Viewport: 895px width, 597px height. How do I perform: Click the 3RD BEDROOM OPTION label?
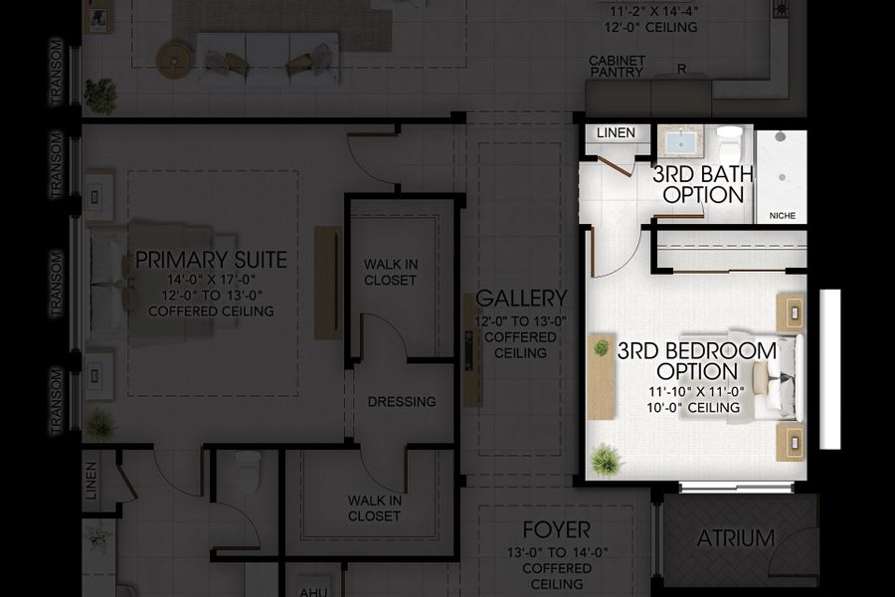[696, 361]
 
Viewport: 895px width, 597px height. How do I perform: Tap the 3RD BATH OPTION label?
[703, 184]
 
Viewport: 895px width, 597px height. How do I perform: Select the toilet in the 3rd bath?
[729, 138]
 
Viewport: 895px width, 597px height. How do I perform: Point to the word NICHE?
[783, 215]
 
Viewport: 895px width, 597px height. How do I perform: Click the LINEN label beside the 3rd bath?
[617, 133]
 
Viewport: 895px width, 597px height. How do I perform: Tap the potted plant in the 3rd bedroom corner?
[605, 461]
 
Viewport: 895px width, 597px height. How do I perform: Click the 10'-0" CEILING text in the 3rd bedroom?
[696, 408]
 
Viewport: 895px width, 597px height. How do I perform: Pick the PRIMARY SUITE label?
[211, 261]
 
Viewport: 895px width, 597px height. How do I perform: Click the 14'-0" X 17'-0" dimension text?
[211, 280]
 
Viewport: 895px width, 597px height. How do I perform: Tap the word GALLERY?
[521, 298]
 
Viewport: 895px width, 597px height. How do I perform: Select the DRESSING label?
[402, 402]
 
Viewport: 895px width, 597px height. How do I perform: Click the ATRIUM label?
[735, 538]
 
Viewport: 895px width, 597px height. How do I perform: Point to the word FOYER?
[557, 529]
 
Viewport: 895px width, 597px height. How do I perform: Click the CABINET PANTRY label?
[617, 67]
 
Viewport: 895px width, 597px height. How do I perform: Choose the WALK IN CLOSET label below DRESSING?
[375, 507]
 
